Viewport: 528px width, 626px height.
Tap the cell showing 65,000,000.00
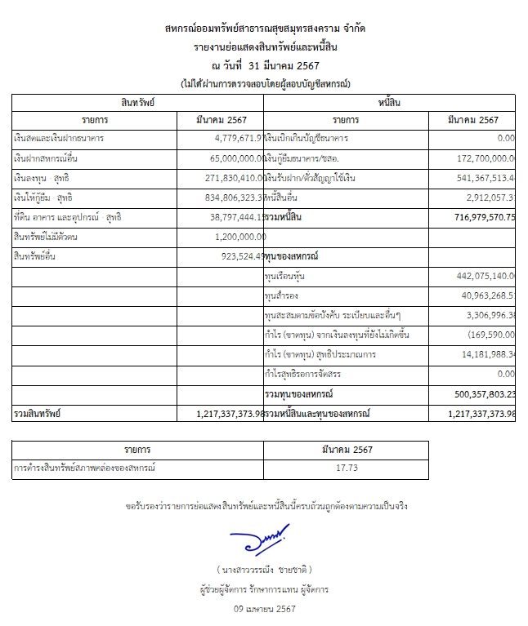[232, 158]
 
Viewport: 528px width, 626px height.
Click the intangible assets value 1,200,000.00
[238, 237]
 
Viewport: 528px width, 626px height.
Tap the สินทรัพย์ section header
[137, 102]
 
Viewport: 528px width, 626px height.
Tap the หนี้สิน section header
[389, 102]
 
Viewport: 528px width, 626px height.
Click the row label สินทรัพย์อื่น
[36, 256]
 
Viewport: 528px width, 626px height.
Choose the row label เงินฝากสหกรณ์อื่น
[45, 158]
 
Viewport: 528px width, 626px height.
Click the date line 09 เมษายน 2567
[263, 609]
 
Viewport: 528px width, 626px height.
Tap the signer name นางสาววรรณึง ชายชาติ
[264, 569]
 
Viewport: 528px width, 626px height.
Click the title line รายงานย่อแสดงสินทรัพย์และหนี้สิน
[263, 48]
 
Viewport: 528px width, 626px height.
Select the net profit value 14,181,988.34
[481, 355]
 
